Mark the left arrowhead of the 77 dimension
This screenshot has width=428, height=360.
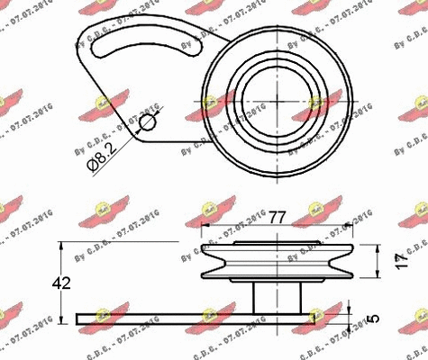click(205, 228)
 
